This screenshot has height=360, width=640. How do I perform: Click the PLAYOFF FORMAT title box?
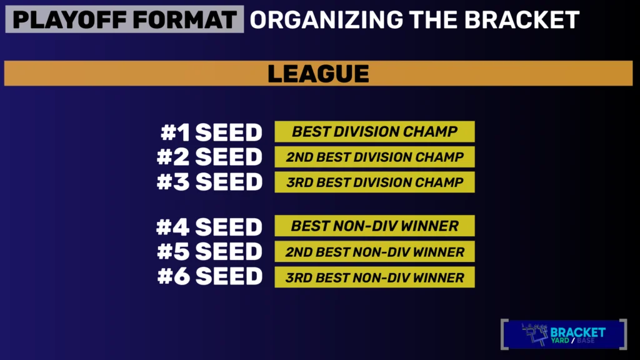[124, 19]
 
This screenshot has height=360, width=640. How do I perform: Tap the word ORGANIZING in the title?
[326, 19]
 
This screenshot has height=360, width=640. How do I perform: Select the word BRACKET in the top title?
[522, 19]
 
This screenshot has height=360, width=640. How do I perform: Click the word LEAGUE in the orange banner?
[318, 74]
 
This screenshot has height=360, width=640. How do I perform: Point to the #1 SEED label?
[211, 132]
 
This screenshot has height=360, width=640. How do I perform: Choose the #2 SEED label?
[209, 157]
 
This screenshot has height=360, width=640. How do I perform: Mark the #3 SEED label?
[209, 182]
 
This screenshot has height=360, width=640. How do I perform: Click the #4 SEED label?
[209, 227]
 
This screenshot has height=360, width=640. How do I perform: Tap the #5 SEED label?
[210, 252]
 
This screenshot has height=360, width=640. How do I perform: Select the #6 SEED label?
[210, 277]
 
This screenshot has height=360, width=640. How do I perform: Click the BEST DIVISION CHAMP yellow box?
[375, 131]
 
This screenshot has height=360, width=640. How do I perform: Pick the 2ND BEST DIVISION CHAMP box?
[375, 157]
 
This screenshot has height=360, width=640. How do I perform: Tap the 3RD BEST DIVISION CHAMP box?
[375, 182]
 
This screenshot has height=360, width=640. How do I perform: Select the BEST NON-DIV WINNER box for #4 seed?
[375, 226]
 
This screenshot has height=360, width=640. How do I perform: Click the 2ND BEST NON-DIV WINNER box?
[375, 251]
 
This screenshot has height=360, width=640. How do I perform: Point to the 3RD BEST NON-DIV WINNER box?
[375, 277]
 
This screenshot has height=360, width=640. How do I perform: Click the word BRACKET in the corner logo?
[578, 332]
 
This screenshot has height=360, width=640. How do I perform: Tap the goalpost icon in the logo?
[535, 334]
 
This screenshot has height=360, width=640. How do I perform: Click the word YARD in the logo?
[560, 341]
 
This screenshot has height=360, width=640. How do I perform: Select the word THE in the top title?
[434, 19]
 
